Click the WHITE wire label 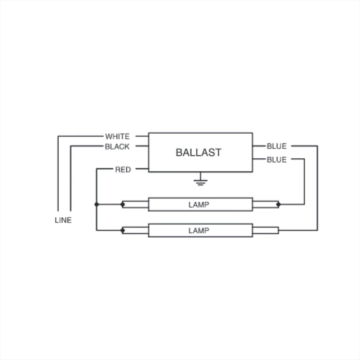click(117, 136)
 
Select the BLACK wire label click(117, 147)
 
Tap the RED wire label click(123, 170)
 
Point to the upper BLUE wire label click(276, 146)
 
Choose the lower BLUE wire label click(276, 159)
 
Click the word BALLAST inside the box click(199, 152)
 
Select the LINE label click(63, 220)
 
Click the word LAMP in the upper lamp click(199, 204)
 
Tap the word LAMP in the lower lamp click(199, 230)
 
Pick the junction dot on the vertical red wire click(96, 204)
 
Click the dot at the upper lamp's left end click(123, 204)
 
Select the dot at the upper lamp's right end click(279, 204)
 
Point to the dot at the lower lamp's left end click(123, 230)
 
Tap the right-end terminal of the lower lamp click(279, 230)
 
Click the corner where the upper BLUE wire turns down click(318, 146)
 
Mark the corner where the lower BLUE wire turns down click(305, 159)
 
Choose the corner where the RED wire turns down click(96, 169)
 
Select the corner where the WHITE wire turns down click(58, 136)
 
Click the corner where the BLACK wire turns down click(71, 146)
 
